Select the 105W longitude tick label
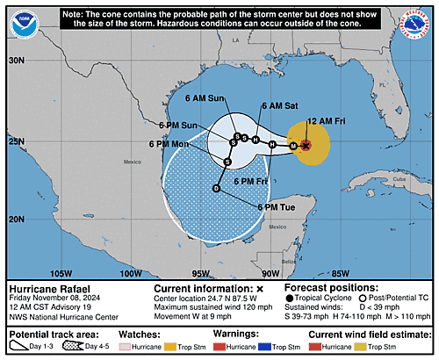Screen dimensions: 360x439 61,273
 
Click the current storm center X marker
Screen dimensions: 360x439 305,145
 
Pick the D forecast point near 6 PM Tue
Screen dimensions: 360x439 217,188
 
